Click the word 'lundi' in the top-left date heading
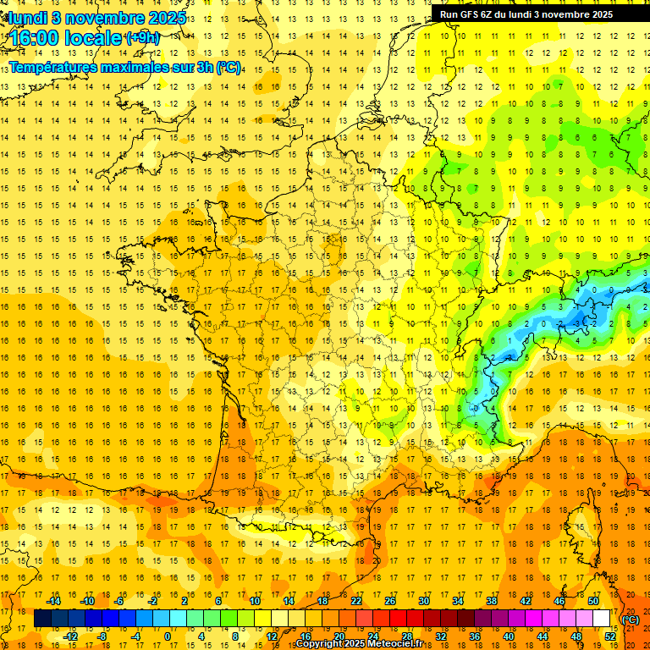point(28,17)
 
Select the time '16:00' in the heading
point(35,39)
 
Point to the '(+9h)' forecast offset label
point(141,38)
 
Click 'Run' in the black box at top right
point(449,14)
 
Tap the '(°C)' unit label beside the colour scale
point(631,619)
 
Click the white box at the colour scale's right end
point(601,619)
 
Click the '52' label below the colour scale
point(610,636)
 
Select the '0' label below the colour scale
point(167,636)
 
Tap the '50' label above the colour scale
point(593,601)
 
